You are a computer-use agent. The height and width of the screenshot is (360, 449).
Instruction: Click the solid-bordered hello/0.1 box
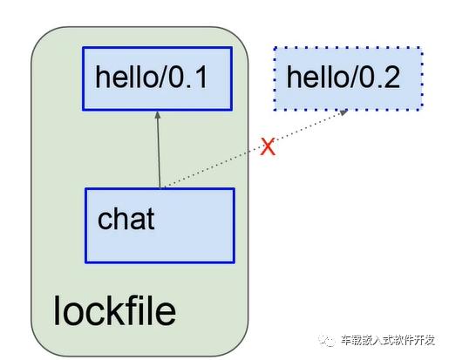click(x=157, y=78)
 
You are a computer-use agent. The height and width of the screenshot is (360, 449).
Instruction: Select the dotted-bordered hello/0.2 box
click(x=348, y=78)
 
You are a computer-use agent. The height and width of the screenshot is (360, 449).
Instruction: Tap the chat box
click(x=160, y=226)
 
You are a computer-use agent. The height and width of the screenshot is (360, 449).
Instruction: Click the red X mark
click(x=268, y=146)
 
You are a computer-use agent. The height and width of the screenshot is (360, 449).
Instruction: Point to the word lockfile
click(x=114, y=310)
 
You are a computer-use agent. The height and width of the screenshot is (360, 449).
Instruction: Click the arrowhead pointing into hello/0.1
click(x=158, y=115)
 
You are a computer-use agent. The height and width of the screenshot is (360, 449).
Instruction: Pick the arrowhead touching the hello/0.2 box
click(x=344, y=112)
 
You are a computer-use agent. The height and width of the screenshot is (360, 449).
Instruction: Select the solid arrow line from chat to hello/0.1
click(x=159, y=150)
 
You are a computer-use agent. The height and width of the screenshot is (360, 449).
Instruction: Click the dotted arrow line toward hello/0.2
click(x=255, y=149)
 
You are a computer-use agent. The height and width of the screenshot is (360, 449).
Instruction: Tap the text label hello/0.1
click(x=151, y=77)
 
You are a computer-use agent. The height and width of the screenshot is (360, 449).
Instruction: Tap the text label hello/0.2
click(x=344, y=77)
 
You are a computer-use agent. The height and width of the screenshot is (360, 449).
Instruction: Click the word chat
click(x=126, y=219)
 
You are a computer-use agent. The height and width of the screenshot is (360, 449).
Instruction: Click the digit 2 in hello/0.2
click(x=392, y=77)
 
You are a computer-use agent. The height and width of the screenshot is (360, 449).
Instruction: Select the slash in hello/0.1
click(x=162, y=77)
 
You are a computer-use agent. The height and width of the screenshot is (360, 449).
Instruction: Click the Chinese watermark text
click(x=388, y=340)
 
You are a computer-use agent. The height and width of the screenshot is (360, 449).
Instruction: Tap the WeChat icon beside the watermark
click(x=327, y=340)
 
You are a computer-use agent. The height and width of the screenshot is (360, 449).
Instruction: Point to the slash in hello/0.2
click(x=354, y=77)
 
